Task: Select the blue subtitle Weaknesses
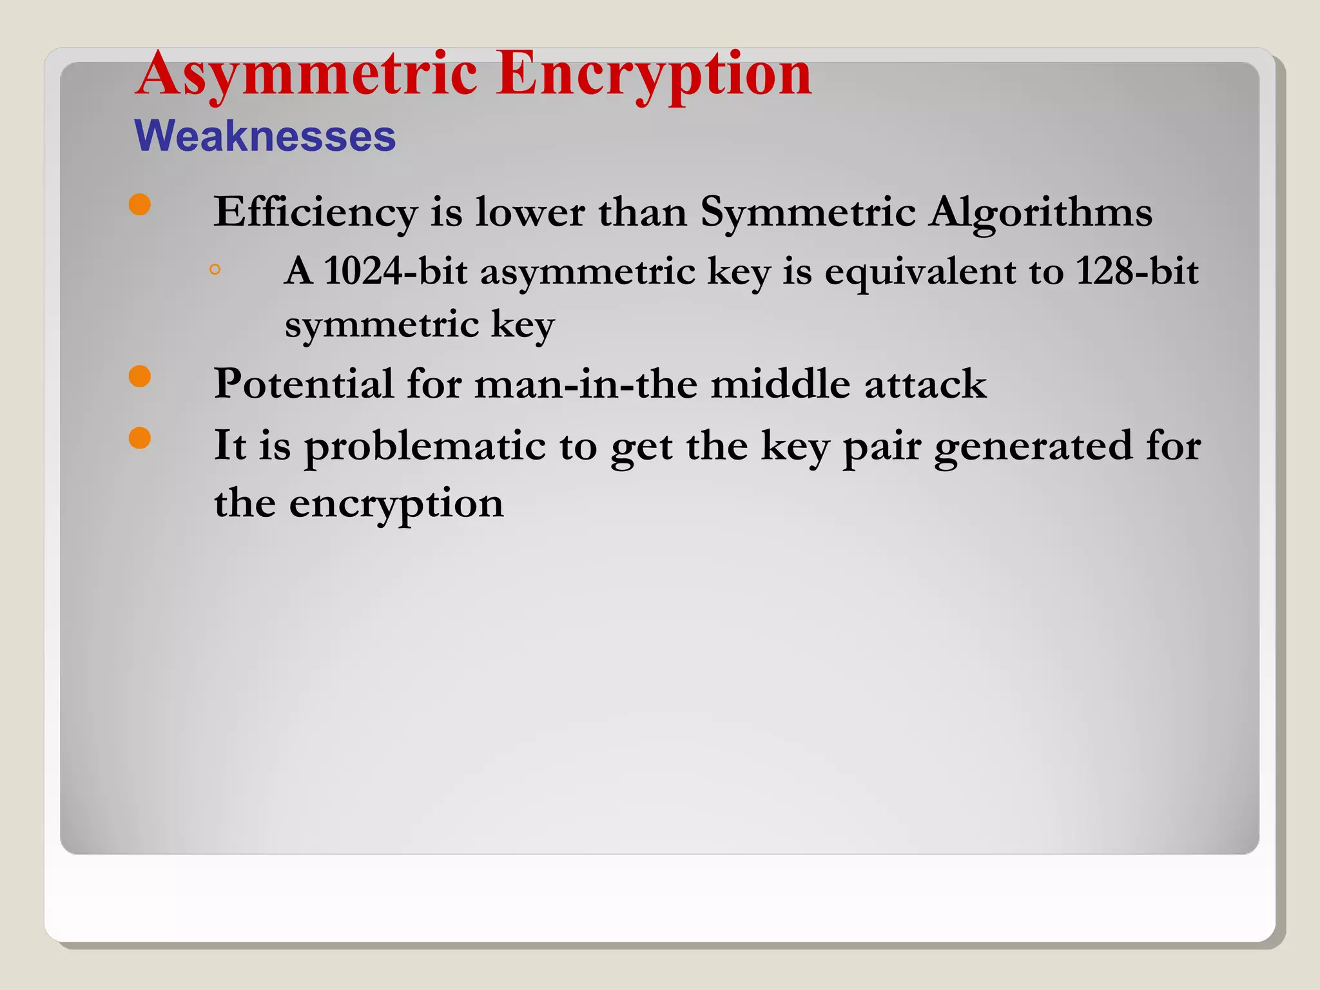pyautogui.click(x=265, y=136)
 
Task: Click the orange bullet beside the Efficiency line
pyautogui.click(x=140, y=205)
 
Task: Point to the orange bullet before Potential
pyautogui.click(x=140, y=376)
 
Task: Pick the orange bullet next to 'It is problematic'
pyautogui.click(x=140, y=438)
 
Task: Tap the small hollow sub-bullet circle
pyautogui.click(x=215, y=269)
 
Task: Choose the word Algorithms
pyautogui.click(x=1040, y=213)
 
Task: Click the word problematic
pyautogui.click(x=425, y=445)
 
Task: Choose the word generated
pyautogui.click(x=1033, y=447)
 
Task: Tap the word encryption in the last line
pyautogui.click(x=396, y=504)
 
